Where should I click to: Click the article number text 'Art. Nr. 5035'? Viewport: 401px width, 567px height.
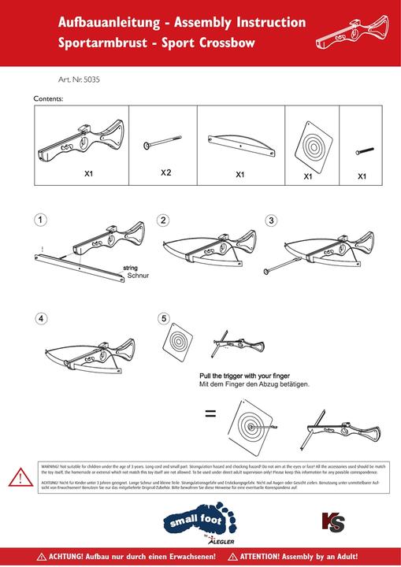pyautogui.click(x=79, y=80)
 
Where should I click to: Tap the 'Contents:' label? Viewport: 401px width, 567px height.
pyautogui.click(x=48, y=99)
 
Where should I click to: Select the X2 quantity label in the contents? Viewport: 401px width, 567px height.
pyautogui.click(x=166, y=172)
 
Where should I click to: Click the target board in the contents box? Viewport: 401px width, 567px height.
pyautogui.click(x=309, y=146)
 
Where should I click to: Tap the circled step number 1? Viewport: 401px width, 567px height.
pyautogui.click(x=41, y=220)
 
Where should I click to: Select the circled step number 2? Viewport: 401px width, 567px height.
pyautogui.click(x=163, y=220)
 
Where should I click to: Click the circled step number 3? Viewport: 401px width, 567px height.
pyautogui.click(x=271, y=220)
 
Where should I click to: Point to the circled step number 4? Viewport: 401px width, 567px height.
pyautogui.click(x=41, y=319)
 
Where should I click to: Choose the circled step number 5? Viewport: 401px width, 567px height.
pyautogui.click(x=163, y=319)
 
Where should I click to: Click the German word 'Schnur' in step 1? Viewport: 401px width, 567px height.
pyautogui.click(x=138, y=277)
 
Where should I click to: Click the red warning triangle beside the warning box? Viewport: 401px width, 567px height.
pyautogui.click(x=17, y=477)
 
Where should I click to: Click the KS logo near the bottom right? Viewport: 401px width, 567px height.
pyautogui.click(x=332, y=521)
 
